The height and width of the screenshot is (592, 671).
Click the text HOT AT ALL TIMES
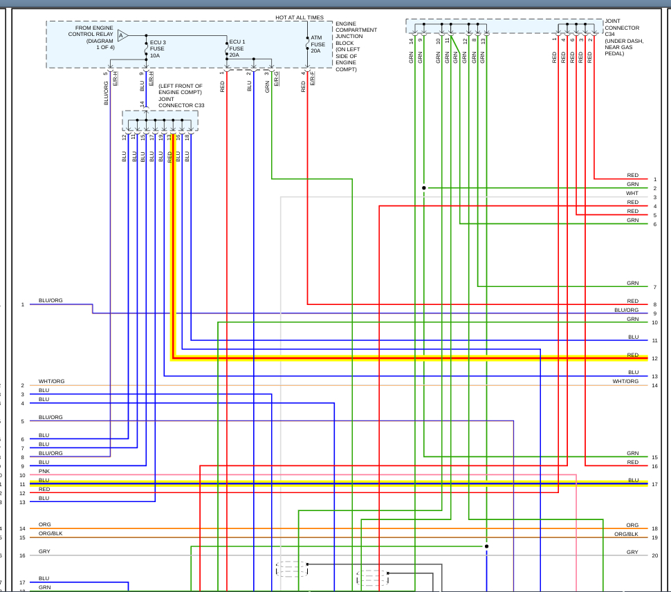point(300,17)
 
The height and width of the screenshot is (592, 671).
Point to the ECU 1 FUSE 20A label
point(237,48)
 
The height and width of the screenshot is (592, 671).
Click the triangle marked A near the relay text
point(122,35)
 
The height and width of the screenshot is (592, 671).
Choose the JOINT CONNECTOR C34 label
point(624,37)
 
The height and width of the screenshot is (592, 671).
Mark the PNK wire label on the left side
point(44,471)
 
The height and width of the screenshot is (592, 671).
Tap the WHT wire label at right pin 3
point(632,194)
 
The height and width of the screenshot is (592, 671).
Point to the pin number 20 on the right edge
point(654,555)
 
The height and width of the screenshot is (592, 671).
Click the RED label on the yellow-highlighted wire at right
point(632,355)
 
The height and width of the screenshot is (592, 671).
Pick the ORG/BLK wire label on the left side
point(50,533)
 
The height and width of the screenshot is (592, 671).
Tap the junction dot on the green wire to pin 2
point(424,187)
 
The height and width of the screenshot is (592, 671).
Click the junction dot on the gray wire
point(486,546)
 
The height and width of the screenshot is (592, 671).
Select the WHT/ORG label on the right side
point(625,381)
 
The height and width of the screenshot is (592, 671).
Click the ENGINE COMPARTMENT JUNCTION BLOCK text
point(356,46)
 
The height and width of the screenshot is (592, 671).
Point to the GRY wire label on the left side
point(44,552)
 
